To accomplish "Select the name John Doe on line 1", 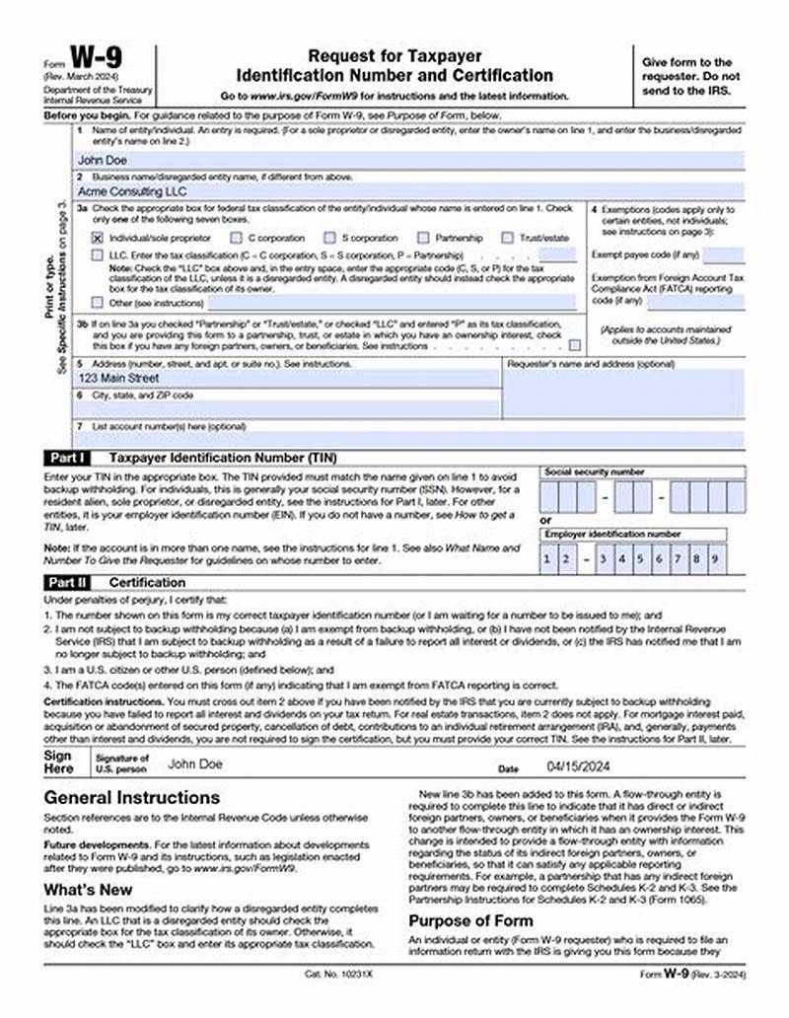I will click(100, 158).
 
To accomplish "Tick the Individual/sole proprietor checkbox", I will click(97, 238).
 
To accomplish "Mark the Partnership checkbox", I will click(423, 238).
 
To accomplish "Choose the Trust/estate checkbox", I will click(507, 238).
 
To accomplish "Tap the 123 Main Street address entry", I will click(117, 378).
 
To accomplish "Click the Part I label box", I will click(68, 459).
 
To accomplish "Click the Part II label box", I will click(69, 583).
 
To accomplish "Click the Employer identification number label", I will click(611, 534).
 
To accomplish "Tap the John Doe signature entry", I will click(195, 763).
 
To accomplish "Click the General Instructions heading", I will click(132, 797).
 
